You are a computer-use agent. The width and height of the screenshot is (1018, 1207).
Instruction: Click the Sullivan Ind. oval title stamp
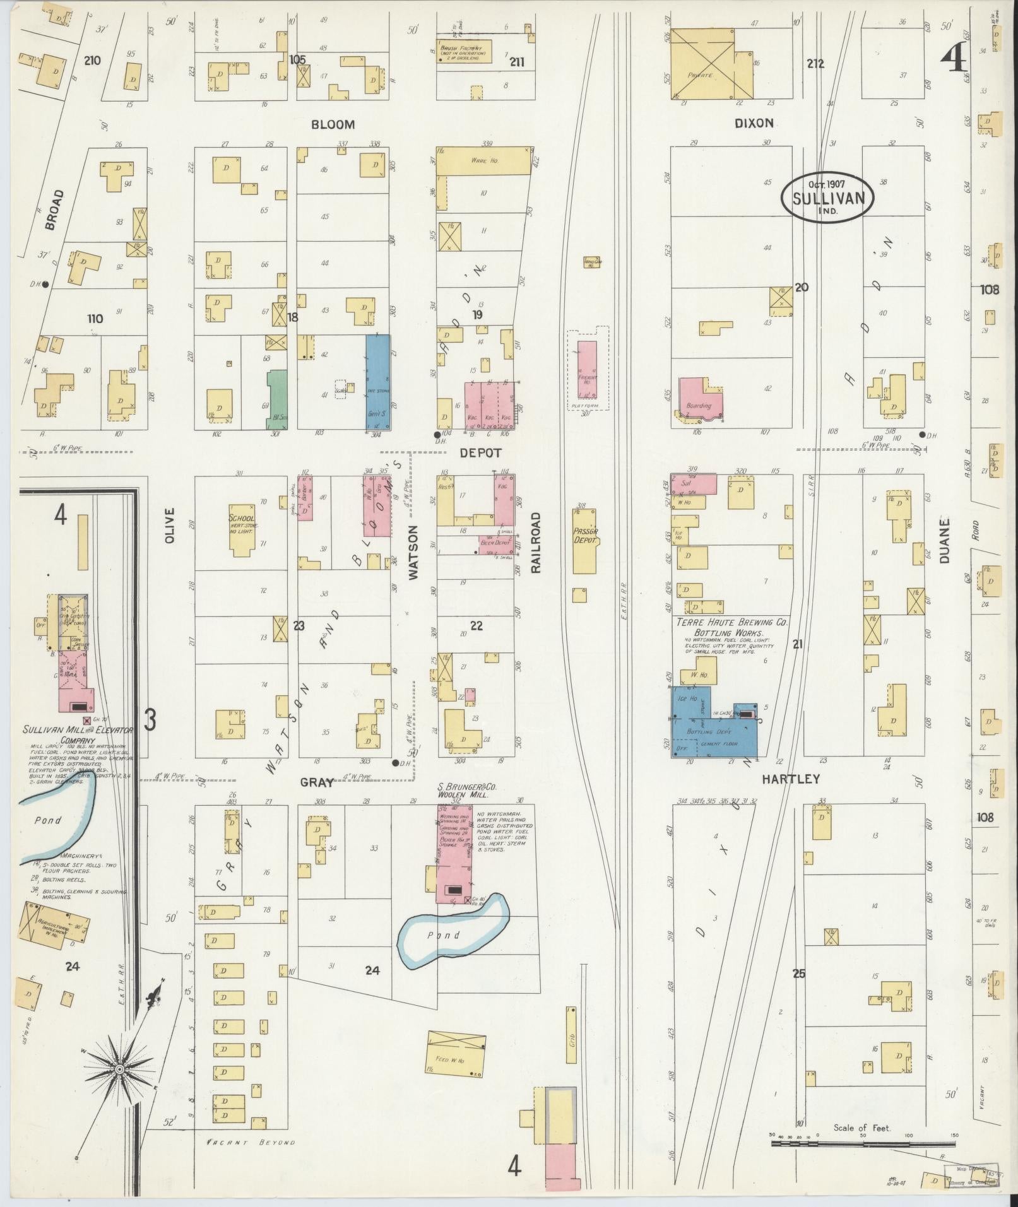[827, 197]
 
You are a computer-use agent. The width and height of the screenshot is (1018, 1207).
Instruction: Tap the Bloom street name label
[333, 124]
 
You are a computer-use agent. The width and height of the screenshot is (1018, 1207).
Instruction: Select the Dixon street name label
[754, 123]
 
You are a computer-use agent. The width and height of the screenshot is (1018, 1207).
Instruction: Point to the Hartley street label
[790, 779]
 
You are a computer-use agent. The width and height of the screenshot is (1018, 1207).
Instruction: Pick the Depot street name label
[480, 453]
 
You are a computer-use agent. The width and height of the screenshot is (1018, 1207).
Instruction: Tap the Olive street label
[169, 524]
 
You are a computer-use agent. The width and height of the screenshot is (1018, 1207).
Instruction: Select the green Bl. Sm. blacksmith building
[276, 399]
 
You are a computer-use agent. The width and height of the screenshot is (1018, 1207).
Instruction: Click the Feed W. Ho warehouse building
[456, 1053]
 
